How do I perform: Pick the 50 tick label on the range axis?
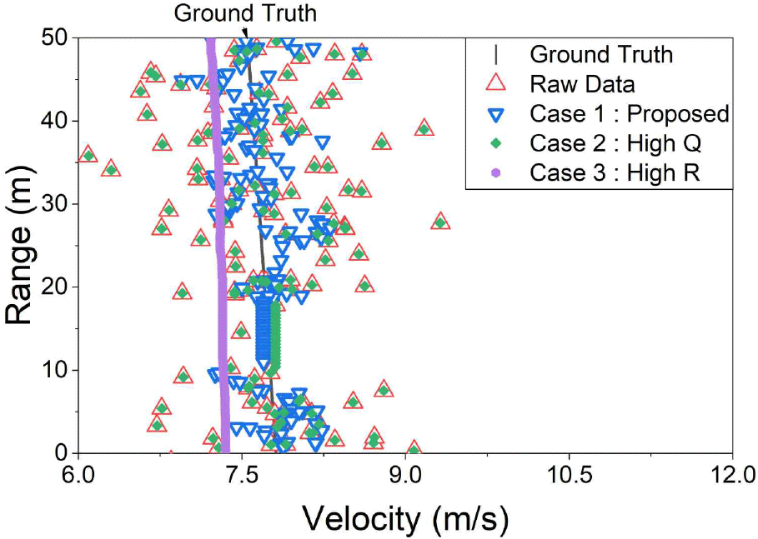55,38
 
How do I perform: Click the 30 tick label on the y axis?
55,204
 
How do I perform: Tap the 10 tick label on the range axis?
55,370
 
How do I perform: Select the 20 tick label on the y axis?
55,287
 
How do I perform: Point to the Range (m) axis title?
22,246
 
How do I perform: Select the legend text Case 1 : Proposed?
630,114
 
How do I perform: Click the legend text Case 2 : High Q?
615,143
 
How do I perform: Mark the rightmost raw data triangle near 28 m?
440,222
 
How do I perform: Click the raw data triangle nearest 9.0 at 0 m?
413,450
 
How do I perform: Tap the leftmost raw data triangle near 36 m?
88,154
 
